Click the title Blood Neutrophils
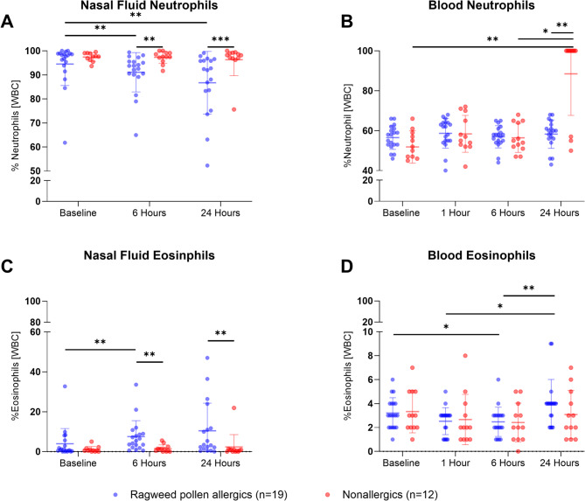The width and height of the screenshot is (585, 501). tap(454, 8)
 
